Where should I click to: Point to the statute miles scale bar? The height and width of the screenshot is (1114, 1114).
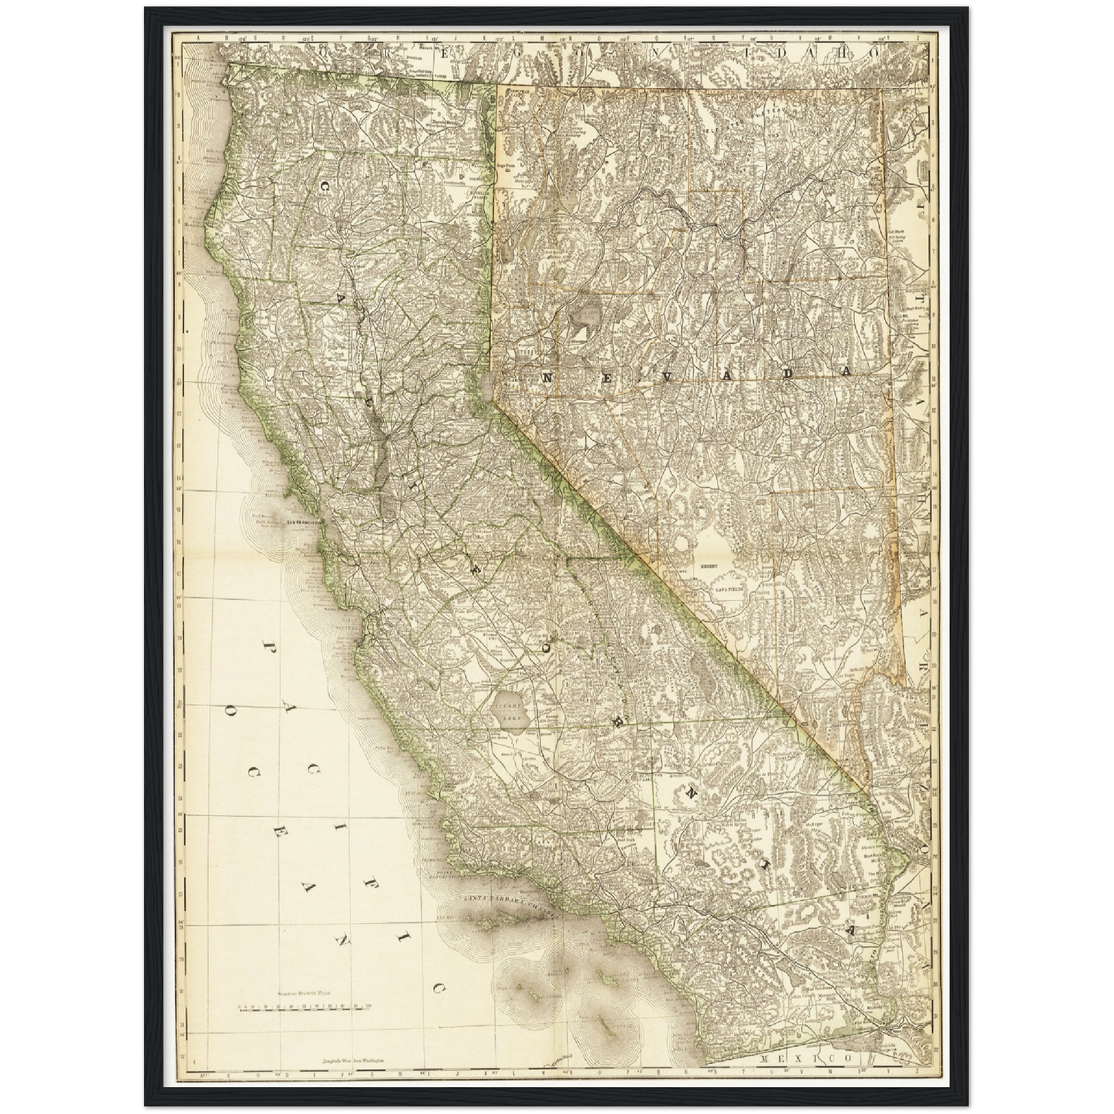tap(306, 1007)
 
